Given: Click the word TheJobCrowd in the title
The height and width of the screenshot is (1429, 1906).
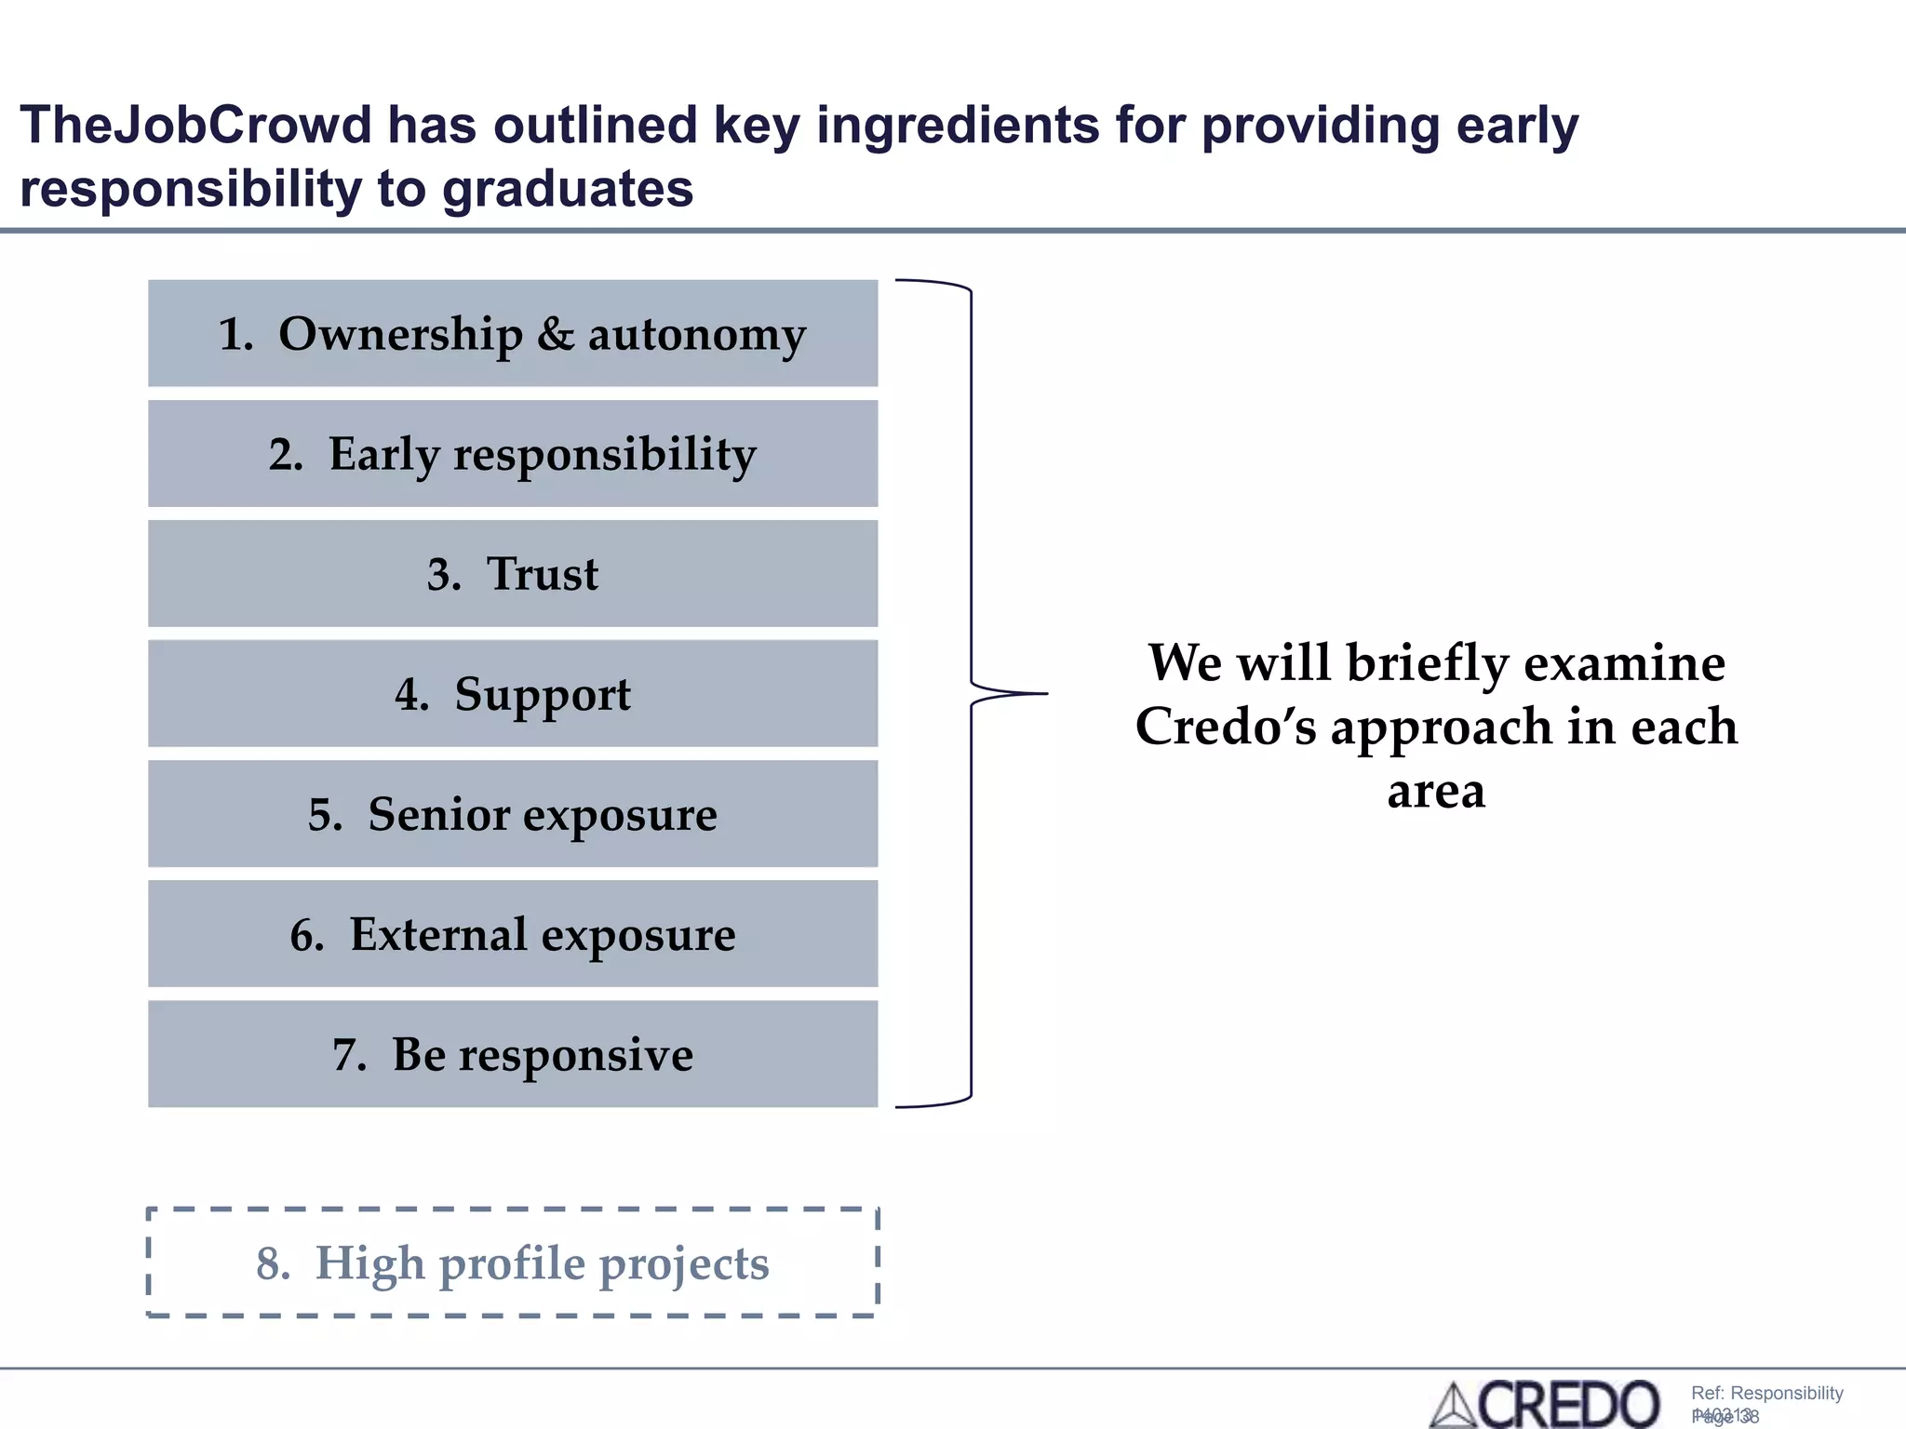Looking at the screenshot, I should click(195, 125).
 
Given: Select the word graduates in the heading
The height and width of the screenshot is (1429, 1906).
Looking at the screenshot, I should click(567, 189).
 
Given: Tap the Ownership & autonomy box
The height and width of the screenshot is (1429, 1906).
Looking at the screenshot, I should click(513, 333).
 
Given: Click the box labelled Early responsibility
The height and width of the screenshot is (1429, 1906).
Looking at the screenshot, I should click(513, 454).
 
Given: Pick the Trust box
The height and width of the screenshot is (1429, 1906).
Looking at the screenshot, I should click(513, 574).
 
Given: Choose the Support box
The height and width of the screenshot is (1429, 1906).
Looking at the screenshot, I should click(513, 694).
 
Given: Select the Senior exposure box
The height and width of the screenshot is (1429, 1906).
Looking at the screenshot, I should click(513, 814).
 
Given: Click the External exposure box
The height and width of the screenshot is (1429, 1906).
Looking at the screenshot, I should click(513, 934).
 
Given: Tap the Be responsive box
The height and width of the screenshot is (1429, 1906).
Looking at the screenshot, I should click(513, 1054).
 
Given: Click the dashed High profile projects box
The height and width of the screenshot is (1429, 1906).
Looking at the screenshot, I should click(513, 1262).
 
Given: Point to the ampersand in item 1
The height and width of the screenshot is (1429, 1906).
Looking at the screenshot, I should click(556, 334).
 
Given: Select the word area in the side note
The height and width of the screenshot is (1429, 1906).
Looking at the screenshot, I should click(1436, 791).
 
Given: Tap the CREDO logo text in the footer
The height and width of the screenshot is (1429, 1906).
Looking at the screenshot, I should click(1569, 1404).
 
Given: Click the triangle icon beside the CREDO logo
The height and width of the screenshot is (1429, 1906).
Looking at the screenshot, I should click(1453, 1407).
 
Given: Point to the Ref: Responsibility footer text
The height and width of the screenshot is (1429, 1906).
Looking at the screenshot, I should click(1766, 1393).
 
